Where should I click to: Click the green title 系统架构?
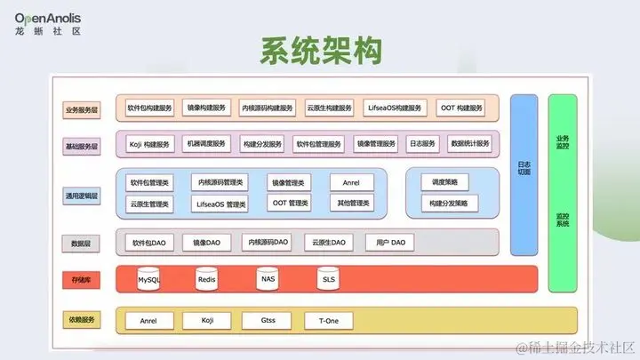click(321, 51)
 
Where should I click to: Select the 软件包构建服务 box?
click(149, 108)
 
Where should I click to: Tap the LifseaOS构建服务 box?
click(396, 108)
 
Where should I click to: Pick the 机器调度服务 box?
click(206, 143)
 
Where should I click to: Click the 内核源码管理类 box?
click(221, 181)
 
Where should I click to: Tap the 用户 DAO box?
click(390, 242)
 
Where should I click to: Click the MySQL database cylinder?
click(149, 279)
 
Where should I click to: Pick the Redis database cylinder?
click(207, 279)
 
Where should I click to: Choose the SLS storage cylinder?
click(328, 279)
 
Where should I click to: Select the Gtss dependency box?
click(268, 320)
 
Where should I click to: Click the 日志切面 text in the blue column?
click(524, 167)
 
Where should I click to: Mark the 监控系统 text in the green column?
click(563, 219)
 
